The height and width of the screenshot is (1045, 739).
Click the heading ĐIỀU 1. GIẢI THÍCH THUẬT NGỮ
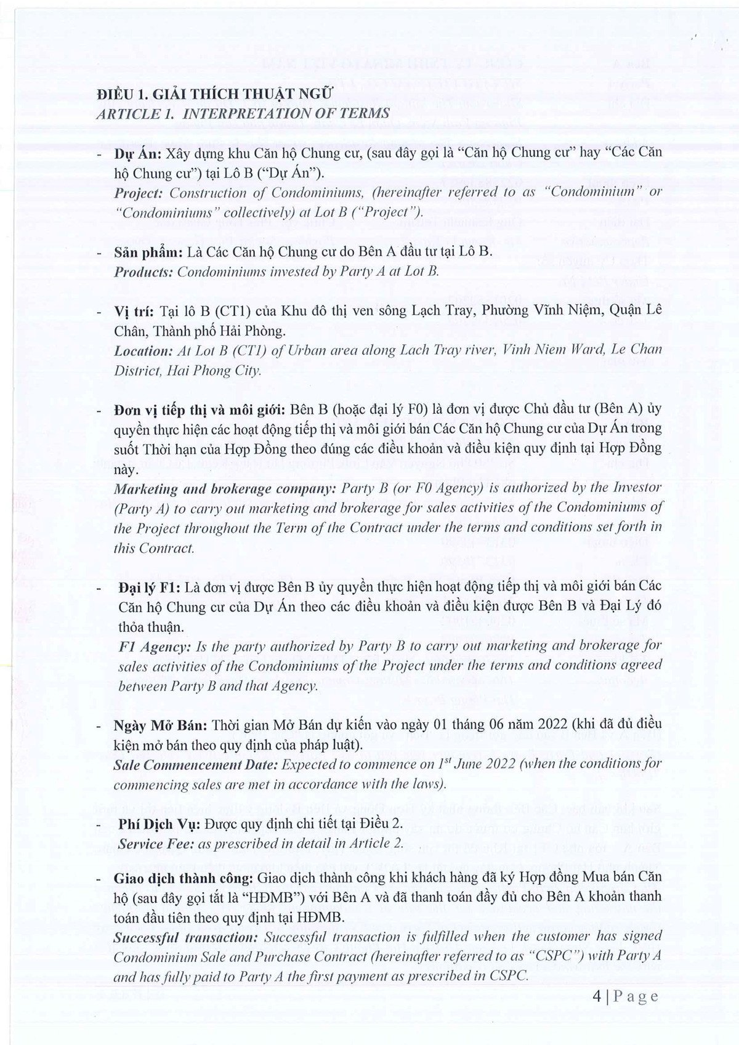(x=214, y=94)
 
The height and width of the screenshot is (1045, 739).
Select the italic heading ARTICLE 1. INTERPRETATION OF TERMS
(x=243, y=113)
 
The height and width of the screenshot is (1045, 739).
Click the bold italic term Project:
(x=139, y=193)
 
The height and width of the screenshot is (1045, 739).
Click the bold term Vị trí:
(x=134, y=311)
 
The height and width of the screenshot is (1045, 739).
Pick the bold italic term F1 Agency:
(x=153, y=646)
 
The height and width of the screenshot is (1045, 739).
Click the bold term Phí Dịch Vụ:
(x=154, y=824)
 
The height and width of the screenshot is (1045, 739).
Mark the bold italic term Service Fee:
(x=153, y=844)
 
